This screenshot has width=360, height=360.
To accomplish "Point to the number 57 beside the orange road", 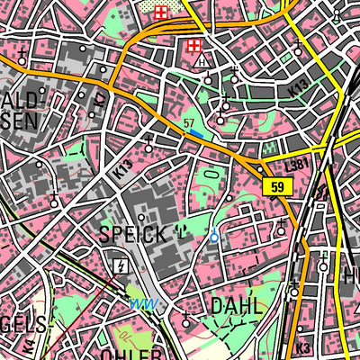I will pyautogui.click(x=188, y=121).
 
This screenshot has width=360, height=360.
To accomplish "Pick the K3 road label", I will pyautogui.click(x=302, y=347).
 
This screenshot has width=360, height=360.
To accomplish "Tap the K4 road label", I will pyautogui.click(x=30, y=344).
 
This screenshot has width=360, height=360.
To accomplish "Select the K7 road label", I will pyautogui.click(x=100, y=95).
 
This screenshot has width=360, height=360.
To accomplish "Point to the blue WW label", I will pyautogui.click(x=140, y=302).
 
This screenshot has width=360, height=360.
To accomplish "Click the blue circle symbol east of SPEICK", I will pyautogui.click(x=213, y=237).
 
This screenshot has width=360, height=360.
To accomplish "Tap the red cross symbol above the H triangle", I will pyautogui.click(x=193, y=45).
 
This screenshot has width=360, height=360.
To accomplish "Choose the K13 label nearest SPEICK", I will pyautogui.click(x=123, y=169).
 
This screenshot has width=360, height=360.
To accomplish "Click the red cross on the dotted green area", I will pyautogui.click(x=160, y=13).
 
